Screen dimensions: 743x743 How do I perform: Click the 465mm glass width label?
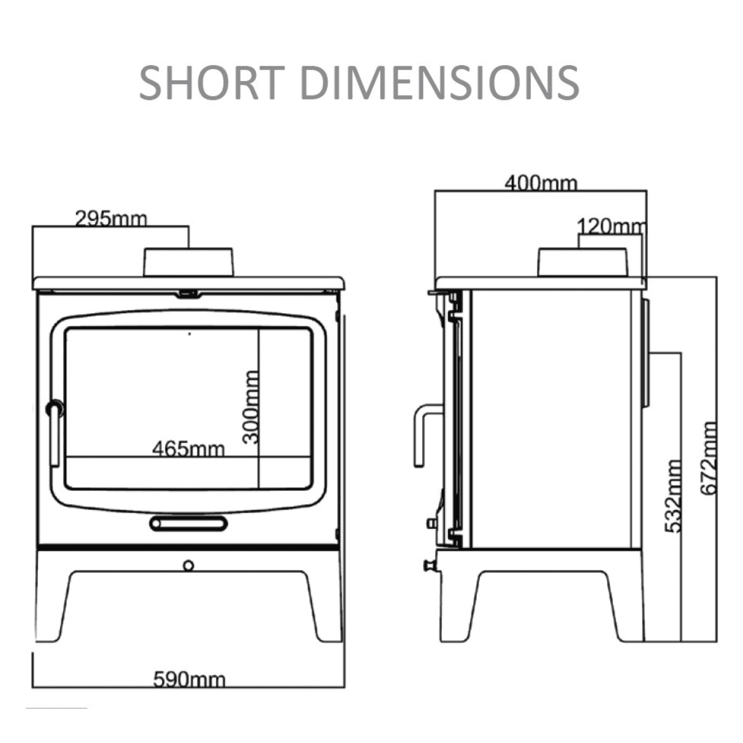click(x=188, y=449)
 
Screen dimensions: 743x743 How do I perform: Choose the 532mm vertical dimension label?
click(x=673, y=496)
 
